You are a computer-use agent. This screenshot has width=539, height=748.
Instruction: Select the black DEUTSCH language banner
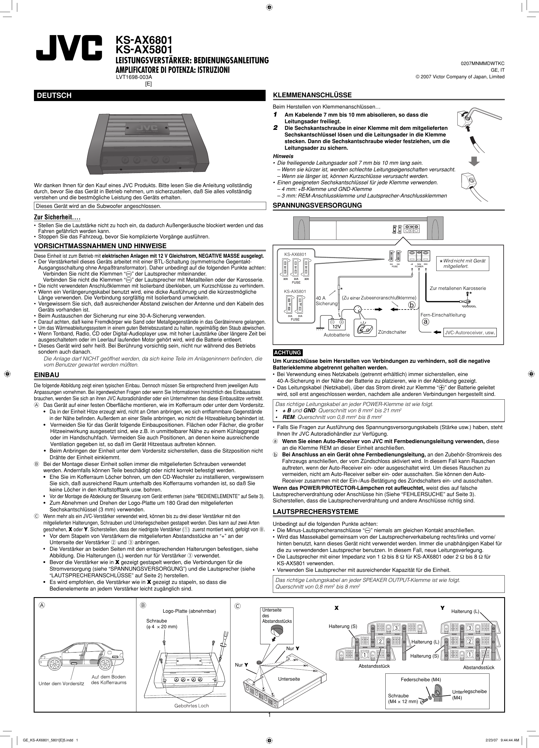pyautogui.click(x=150, y=95)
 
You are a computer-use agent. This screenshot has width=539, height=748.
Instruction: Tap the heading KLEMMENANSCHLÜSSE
pyautogui.click(x=312, y=95)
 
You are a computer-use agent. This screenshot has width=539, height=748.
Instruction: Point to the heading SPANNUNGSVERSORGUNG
pyautogui.click(x=317, y=206)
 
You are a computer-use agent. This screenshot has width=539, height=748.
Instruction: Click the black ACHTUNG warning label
pyautogui.click(x=288, y=353)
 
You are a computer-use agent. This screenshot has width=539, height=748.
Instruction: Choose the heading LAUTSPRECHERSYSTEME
pyautogui.click(x=315, y=512)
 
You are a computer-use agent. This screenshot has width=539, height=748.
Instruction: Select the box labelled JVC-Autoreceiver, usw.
pyautogui.click(x=470, y=333)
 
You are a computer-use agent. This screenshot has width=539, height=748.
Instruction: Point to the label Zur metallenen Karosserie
pyautogui.click(x=458, y=288)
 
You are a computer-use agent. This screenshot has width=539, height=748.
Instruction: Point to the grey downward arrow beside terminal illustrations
pyautogui.click(x=474, y=161)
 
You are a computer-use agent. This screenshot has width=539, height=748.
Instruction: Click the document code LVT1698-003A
pyautogui.click(x=134, y=77)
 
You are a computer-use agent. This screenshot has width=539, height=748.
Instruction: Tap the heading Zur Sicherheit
pyautogui.click(x=57, y=218)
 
